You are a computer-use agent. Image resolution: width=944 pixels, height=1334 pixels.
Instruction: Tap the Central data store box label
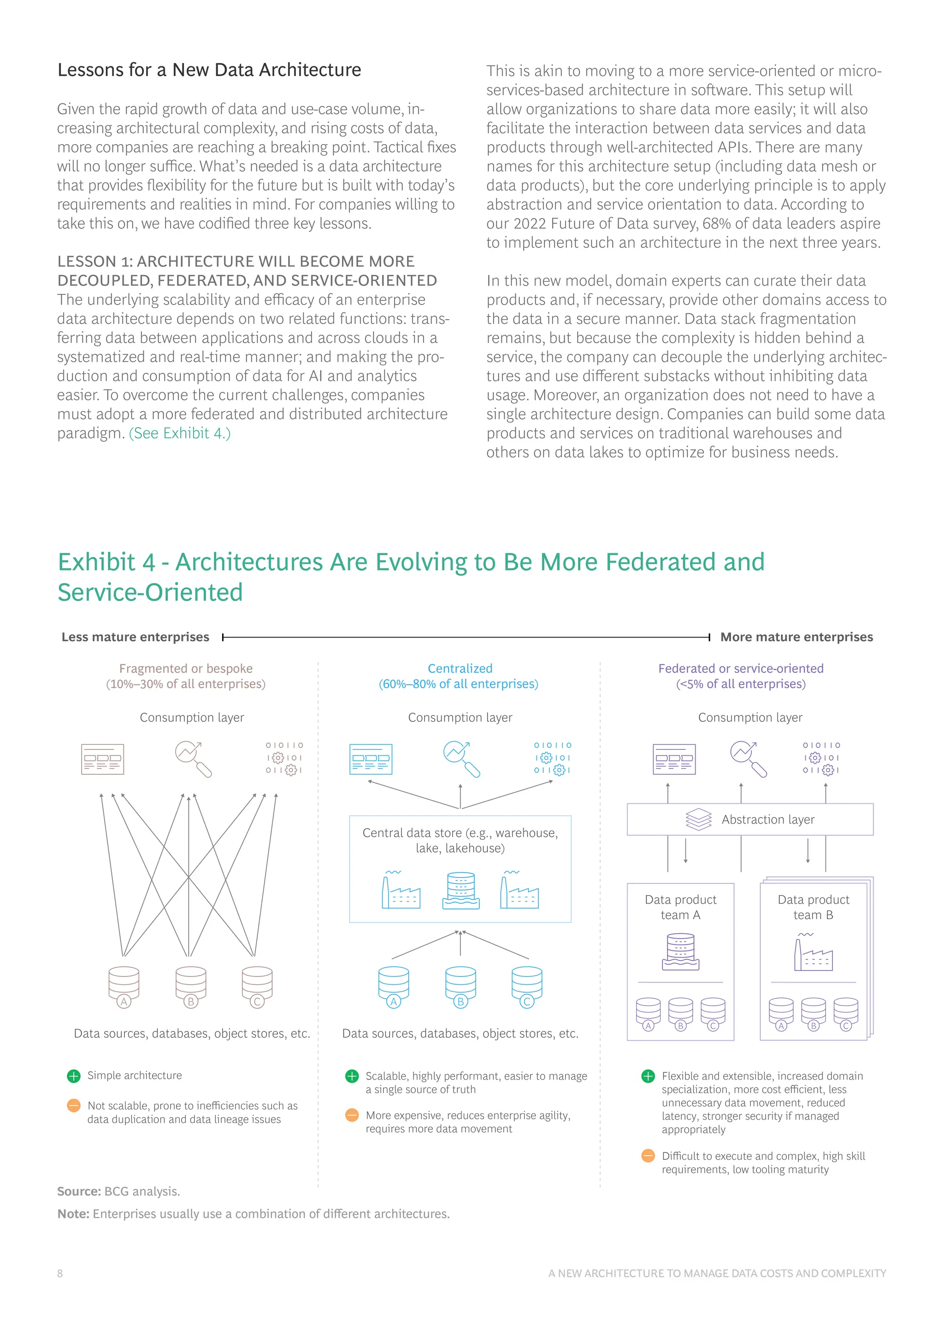pos(460,840)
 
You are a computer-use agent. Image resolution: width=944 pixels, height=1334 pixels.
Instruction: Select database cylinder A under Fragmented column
pos(124,986)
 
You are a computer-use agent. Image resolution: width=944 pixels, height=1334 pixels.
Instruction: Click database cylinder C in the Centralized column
pos(527,986)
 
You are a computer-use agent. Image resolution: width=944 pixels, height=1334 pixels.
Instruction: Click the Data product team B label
pos(813,907)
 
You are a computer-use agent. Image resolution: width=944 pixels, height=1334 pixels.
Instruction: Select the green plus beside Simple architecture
pos(74,1076)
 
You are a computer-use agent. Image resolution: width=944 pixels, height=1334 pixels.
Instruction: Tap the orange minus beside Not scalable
pos(74,1106)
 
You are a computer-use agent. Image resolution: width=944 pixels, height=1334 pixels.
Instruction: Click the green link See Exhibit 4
pos(180,433)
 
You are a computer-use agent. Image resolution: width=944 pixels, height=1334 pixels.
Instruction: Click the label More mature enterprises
pos(796,638)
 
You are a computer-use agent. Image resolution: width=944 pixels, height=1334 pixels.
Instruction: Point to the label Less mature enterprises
pos(136,638)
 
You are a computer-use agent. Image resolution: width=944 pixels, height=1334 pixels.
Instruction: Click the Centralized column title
pos(460,669)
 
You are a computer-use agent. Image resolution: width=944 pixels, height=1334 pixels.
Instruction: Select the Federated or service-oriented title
pos(741,669)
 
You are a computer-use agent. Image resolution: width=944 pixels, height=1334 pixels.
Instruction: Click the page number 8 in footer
pos(60,1274)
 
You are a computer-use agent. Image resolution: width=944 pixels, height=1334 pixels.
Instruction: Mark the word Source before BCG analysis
pos(79,1192)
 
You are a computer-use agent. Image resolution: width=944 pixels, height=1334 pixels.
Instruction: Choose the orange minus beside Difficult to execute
pos(648,1156)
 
